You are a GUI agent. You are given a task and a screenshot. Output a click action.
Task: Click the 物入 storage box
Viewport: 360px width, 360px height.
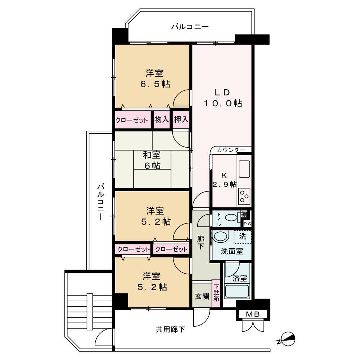pos(161,119)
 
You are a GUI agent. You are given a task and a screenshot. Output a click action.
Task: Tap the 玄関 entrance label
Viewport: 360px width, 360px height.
pos(201,295)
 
